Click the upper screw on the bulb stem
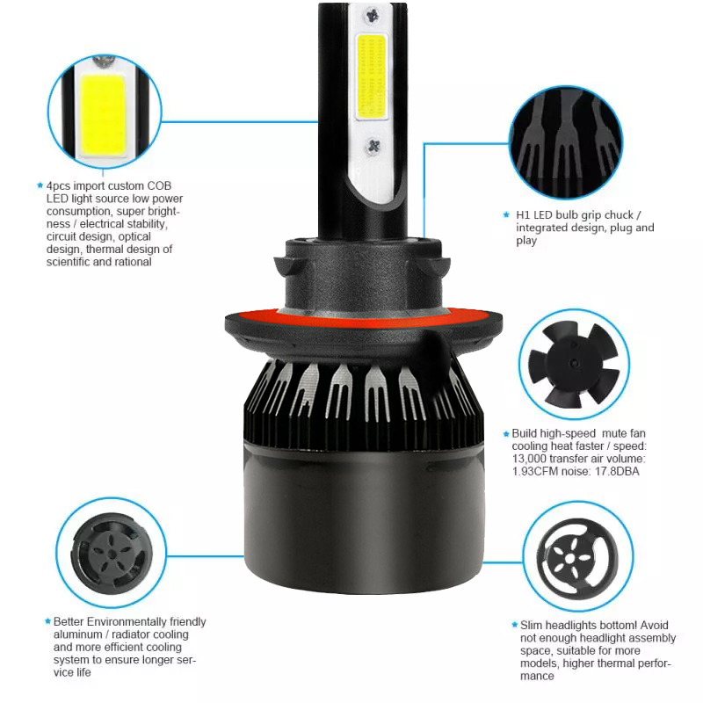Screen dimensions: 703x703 tap(372, 16)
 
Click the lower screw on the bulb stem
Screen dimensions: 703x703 tap(373, 146)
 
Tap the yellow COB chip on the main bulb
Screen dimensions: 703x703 tap(372, 77)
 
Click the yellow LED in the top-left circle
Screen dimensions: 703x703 tap(103, 115)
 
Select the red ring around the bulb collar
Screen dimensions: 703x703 tap(363, 317)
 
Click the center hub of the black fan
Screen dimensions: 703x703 tap(574, 363)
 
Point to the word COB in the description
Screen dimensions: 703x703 tap(159, 185)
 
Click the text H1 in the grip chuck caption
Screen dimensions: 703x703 tap(523, 215)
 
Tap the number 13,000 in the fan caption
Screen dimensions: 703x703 tap(529, 459)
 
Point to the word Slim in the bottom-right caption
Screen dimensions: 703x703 tap(532, 625)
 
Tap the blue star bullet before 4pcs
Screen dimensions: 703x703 tap(40, 185)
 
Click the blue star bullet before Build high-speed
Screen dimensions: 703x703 tap(506, 433)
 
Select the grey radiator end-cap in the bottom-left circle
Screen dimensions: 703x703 tap(112, 554)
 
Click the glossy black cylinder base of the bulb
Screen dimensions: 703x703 tap(364, 516)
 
